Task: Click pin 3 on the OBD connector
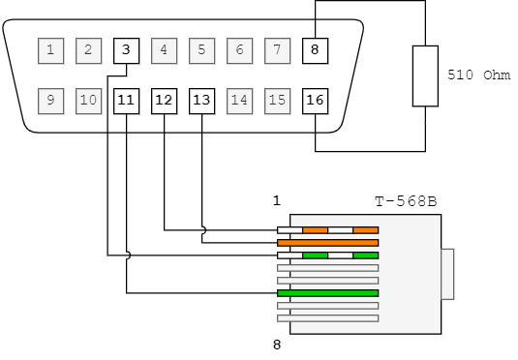point(126,50)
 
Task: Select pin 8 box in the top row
point(316,50)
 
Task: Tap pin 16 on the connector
point(316,101)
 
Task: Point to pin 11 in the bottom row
point(126,101)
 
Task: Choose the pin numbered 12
point(165,101)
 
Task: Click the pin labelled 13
point(201,101)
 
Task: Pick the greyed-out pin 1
point(51,50)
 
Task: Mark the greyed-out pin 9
point(51,101)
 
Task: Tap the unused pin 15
point(278,101)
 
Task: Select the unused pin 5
point(201,50)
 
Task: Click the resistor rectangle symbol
point(425,75)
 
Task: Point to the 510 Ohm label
point(478,75)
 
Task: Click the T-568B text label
point(406,201)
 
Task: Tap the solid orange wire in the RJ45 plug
point(327,243)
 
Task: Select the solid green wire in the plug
point(327,293)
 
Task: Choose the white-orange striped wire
point(327,230)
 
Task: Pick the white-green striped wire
point(327,255)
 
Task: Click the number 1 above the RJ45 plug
point(277,200)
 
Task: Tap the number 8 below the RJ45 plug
point(277,345)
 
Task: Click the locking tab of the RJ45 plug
point(447,274)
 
